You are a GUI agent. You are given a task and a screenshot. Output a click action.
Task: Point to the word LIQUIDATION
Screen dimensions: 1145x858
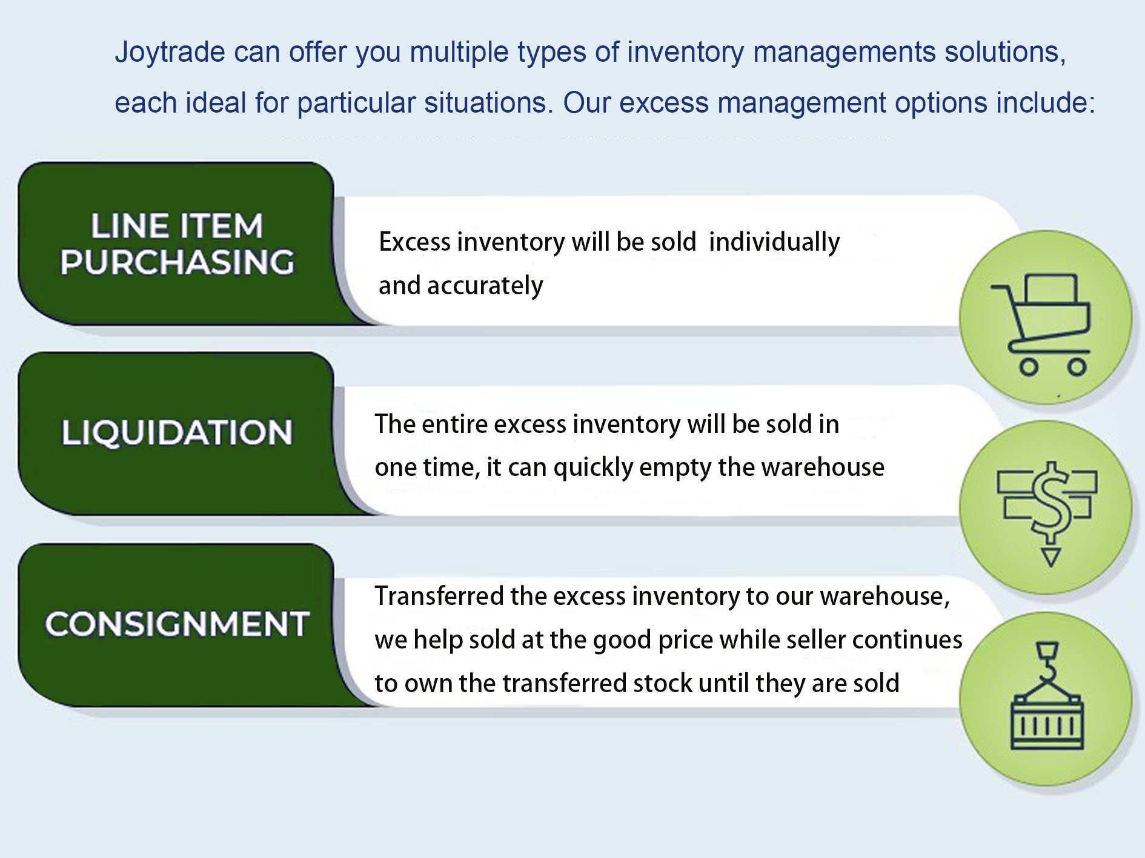coord(177,433)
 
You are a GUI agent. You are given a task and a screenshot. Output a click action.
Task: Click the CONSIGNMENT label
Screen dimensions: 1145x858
coord(177,624)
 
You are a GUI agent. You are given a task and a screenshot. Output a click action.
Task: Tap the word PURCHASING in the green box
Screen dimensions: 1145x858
coord(177,262)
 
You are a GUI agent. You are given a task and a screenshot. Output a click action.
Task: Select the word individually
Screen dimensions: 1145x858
coord(774,242)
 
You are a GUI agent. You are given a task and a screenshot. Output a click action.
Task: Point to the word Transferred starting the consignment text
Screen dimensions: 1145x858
coord(439,596)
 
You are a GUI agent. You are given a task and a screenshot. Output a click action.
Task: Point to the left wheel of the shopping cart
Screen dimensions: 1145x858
coord(1029,366)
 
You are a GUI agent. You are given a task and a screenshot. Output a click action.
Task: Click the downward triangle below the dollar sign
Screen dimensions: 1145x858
coord(1051,556)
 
